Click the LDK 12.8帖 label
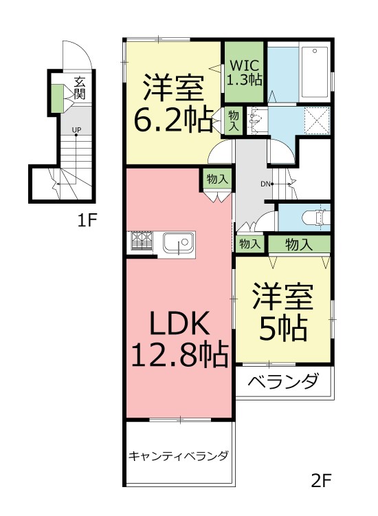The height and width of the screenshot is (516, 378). pyautogui.click(x=179, y=338)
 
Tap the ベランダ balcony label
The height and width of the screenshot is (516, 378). pyautogui.click(x=283, y=380)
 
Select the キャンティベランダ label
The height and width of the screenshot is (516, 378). pyautogui.click(x=179, y=455)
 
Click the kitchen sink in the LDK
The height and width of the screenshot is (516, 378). pyautogui.click(x=179, y=244)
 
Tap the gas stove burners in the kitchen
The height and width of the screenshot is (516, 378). pyautogui.click(x=142, y=241)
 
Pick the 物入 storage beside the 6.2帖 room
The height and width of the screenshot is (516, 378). pyautogui.click(x=234, y=121)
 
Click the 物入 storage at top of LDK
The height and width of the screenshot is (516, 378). pyautogui.click(x=218, y=179)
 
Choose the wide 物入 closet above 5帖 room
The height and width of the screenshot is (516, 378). pyautogui.click(x=299, y=244)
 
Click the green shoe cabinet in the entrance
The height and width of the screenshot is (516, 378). pyautogui.click(x=55, y=98)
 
